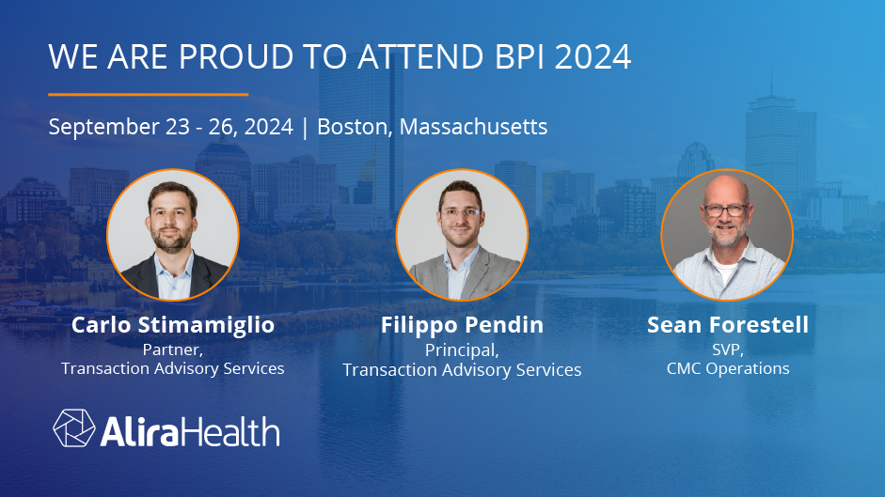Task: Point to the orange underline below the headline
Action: (148, 94)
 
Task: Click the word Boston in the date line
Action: (354, 126)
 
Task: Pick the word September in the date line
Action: (95, 127)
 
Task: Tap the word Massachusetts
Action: (473, 126)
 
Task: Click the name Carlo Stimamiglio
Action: (173, 325)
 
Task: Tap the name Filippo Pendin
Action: (462, 326)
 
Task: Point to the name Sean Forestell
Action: (728, 325)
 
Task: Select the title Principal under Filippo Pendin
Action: (461, 349)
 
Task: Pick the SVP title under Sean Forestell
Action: (727, 349)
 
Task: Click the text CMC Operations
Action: (728, 368)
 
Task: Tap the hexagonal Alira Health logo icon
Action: (72, 427)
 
